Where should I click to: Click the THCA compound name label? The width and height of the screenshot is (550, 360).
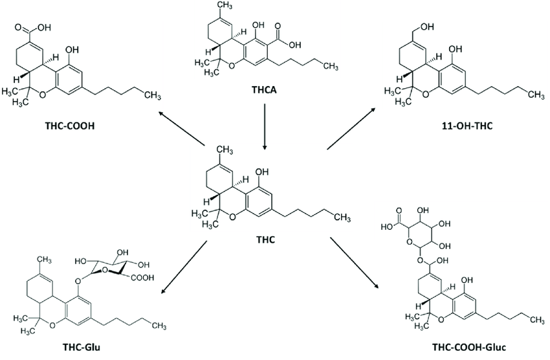[x=264, y=90]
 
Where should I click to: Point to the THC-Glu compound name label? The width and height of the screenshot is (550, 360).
[x=81, y=347]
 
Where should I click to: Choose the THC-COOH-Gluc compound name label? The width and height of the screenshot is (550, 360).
[x=469, y=347]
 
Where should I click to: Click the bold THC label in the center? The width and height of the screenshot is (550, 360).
[x=265, y=240]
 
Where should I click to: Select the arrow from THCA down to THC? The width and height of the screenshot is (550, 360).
[x=265, y=127]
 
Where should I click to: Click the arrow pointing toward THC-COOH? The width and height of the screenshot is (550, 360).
[x=181, y=128]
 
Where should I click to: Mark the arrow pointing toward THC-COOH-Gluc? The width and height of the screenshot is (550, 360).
[x=355, y=263]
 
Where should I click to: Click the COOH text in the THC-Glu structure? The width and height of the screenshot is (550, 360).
[x=143, y=278]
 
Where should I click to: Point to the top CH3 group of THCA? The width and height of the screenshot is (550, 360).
[x=225, y=5]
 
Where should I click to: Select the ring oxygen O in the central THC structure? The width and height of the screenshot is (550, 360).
[x=232, y=218]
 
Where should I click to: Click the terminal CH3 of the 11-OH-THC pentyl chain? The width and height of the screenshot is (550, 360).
[x=536, y=95]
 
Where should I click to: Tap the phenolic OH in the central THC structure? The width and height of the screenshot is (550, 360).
[x=262, y=172]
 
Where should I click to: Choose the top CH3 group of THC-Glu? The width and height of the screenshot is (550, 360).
[x=45, y=260]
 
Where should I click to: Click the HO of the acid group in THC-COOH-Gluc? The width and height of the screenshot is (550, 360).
[x=386, y=227]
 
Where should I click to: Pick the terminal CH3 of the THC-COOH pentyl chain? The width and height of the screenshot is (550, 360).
[x=153, y=95]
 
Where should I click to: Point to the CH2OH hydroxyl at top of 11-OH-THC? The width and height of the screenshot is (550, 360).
[x=427, y=27]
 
